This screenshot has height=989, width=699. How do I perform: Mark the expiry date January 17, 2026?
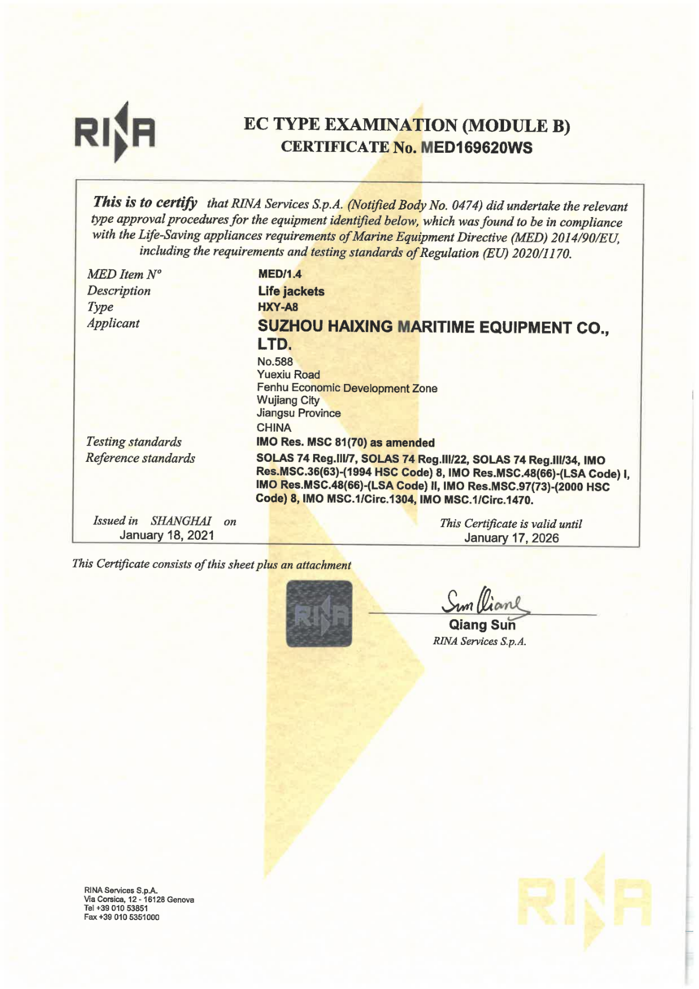[506, 538]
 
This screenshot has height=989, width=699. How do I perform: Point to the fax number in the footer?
[121, 918]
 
